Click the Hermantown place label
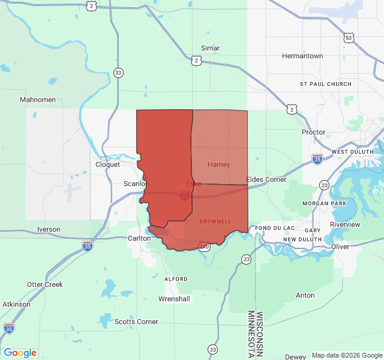pyautogui.click(x=302, y=56)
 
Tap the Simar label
pyautogui.click(x=210, y=48)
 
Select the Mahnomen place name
pyautogui.click(x=38, y=100)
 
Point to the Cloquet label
pyautogui.click(x=108, y=164)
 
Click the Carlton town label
pyautogui.click(x=139, y=238)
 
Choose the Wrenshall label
pyautogui.click(x=174, y=298)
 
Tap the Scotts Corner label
pyautogui.click(x=136, y=322)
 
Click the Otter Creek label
pyautogui.click(x=45, y=284)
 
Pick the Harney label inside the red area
pyautogui.click(x=218, y=164)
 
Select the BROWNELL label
pyautogui.click(x=215, y=221)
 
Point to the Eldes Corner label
pyautogui.click(x=266, y=179)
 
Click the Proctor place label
pyautogui.click(x=314, y=132)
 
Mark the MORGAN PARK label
pyautogui.click(x=324, y=203)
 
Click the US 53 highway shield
pyautogui.click(x=349, y=38)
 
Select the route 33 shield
pyautogui.click(x=118, y=73)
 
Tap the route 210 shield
pyautogui.click(x=204, y=246)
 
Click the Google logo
pyautogui.click(x=20, y=353)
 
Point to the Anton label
pyautogui.click(x=305, y=295)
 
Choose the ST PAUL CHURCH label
pyautogui.click(x=326, y=84)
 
